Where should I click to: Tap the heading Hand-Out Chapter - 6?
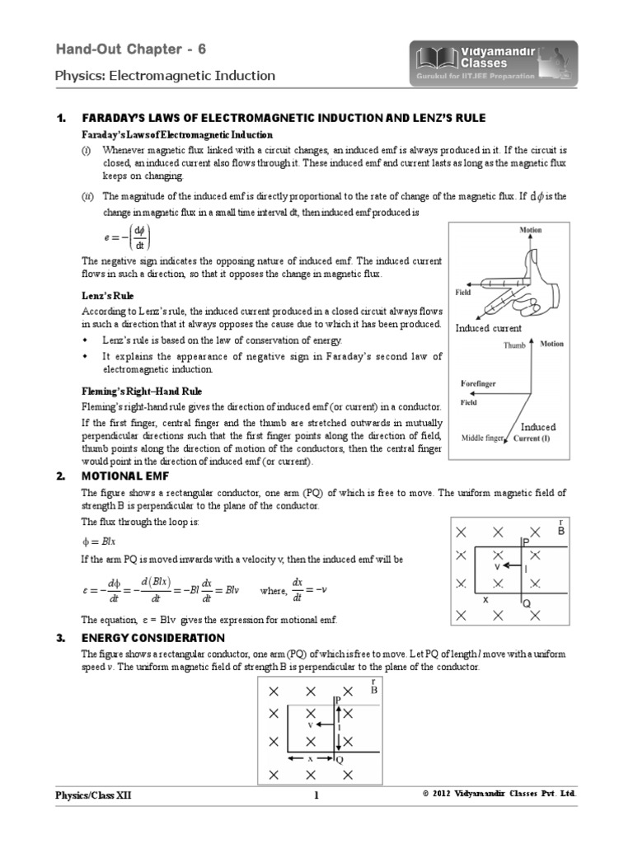point(131,49)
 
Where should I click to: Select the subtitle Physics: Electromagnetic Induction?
point(165,76)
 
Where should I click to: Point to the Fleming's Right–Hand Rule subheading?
point(141,391)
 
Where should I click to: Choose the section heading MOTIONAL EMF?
point(124,476)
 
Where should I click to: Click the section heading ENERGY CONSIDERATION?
point(152,638)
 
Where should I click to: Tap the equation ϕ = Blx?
point(99,541)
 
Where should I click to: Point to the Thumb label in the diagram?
point(514,345)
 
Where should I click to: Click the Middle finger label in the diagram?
point(482,438)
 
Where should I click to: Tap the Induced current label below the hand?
point(489,328)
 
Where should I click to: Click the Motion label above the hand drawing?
point(530,230)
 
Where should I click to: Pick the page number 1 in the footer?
point(316,795)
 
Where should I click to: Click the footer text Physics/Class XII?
point(92,795)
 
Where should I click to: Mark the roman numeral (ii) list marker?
point(87,196)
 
